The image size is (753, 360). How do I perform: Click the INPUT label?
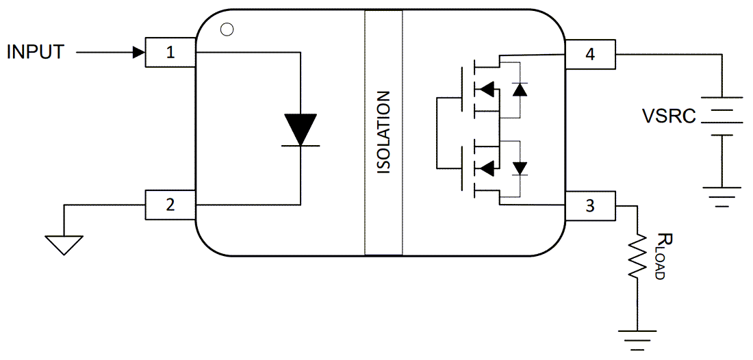coord(36,52)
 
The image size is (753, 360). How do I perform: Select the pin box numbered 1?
coord(170,53)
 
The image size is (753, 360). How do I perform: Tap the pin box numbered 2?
coord(170,205)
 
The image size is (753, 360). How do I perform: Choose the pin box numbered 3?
coord(589,205)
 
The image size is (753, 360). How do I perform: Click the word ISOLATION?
coord(384,132)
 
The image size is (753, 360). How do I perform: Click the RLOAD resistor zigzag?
coord(638,255)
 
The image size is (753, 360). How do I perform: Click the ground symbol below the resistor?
coord(638,338)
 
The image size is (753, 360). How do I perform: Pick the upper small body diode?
coord(520,89)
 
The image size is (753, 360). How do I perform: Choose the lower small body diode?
coord(520,167)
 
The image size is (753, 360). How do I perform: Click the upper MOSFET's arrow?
coord(485,89)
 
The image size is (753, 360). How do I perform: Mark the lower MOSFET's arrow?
coord(485,167)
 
